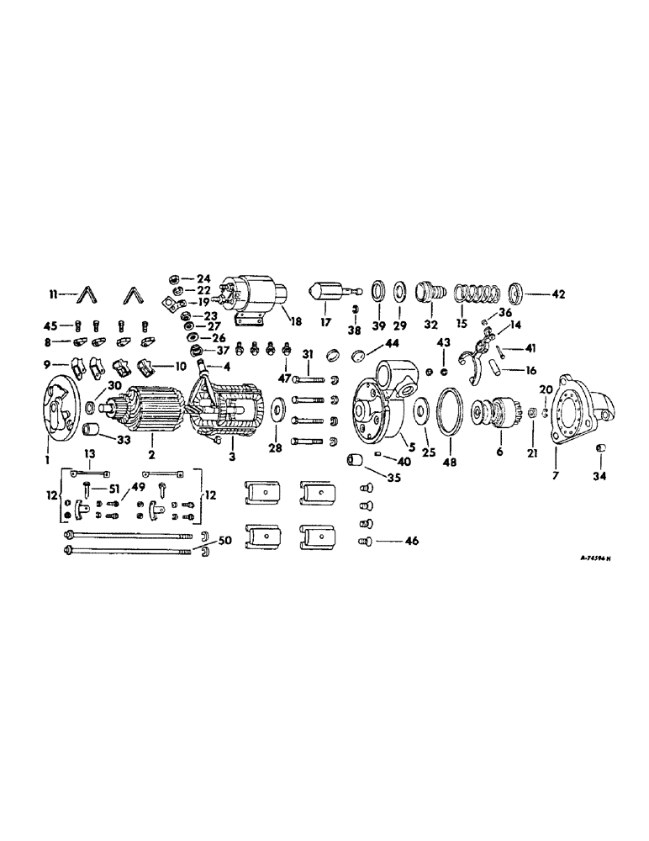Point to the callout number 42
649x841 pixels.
559,295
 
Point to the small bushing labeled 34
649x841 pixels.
601,447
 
